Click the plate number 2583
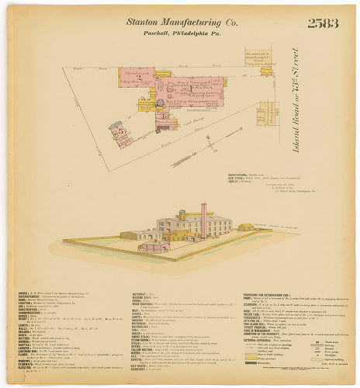pos(324,23)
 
